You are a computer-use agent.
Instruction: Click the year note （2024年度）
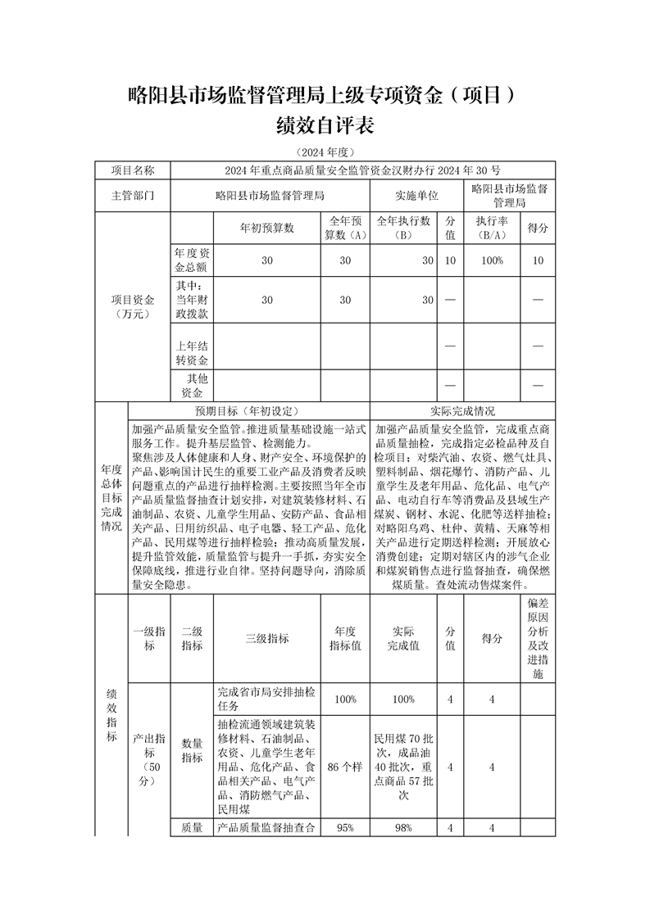[x=325, y=152]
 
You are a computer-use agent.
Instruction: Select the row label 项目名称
[x=132, y=170]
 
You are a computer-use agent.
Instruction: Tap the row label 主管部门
[x=132, y=197]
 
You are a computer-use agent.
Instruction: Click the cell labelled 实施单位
[x=417, y=197]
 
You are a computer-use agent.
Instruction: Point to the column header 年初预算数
[x=266, y=228]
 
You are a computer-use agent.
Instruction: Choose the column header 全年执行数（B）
[x=402, y=228]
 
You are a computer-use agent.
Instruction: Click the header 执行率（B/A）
[x=492, y=228]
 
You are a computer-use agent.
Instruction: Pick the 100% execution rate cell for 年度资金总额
[x=492, y=260]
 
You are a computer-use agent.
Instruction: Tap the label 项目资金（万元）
[x=132, y=307]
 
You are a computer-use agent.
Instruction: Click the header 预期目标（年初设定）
[x=249, y=411]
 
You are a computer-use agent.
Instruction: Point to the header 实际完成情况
[x=462, y=411]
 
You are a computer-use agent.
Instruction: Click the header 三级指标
[x=266, y=639]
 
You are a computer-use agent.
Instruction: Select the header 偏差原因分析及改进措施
[x=538, y=639]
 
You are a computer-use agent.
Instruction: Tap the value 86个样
[x=345, y=767]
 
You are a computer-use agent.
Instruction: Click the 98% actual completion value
[x=402, y=828]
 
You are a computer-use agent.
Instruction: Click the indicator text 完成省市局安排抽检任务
[x=266, y=699]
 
